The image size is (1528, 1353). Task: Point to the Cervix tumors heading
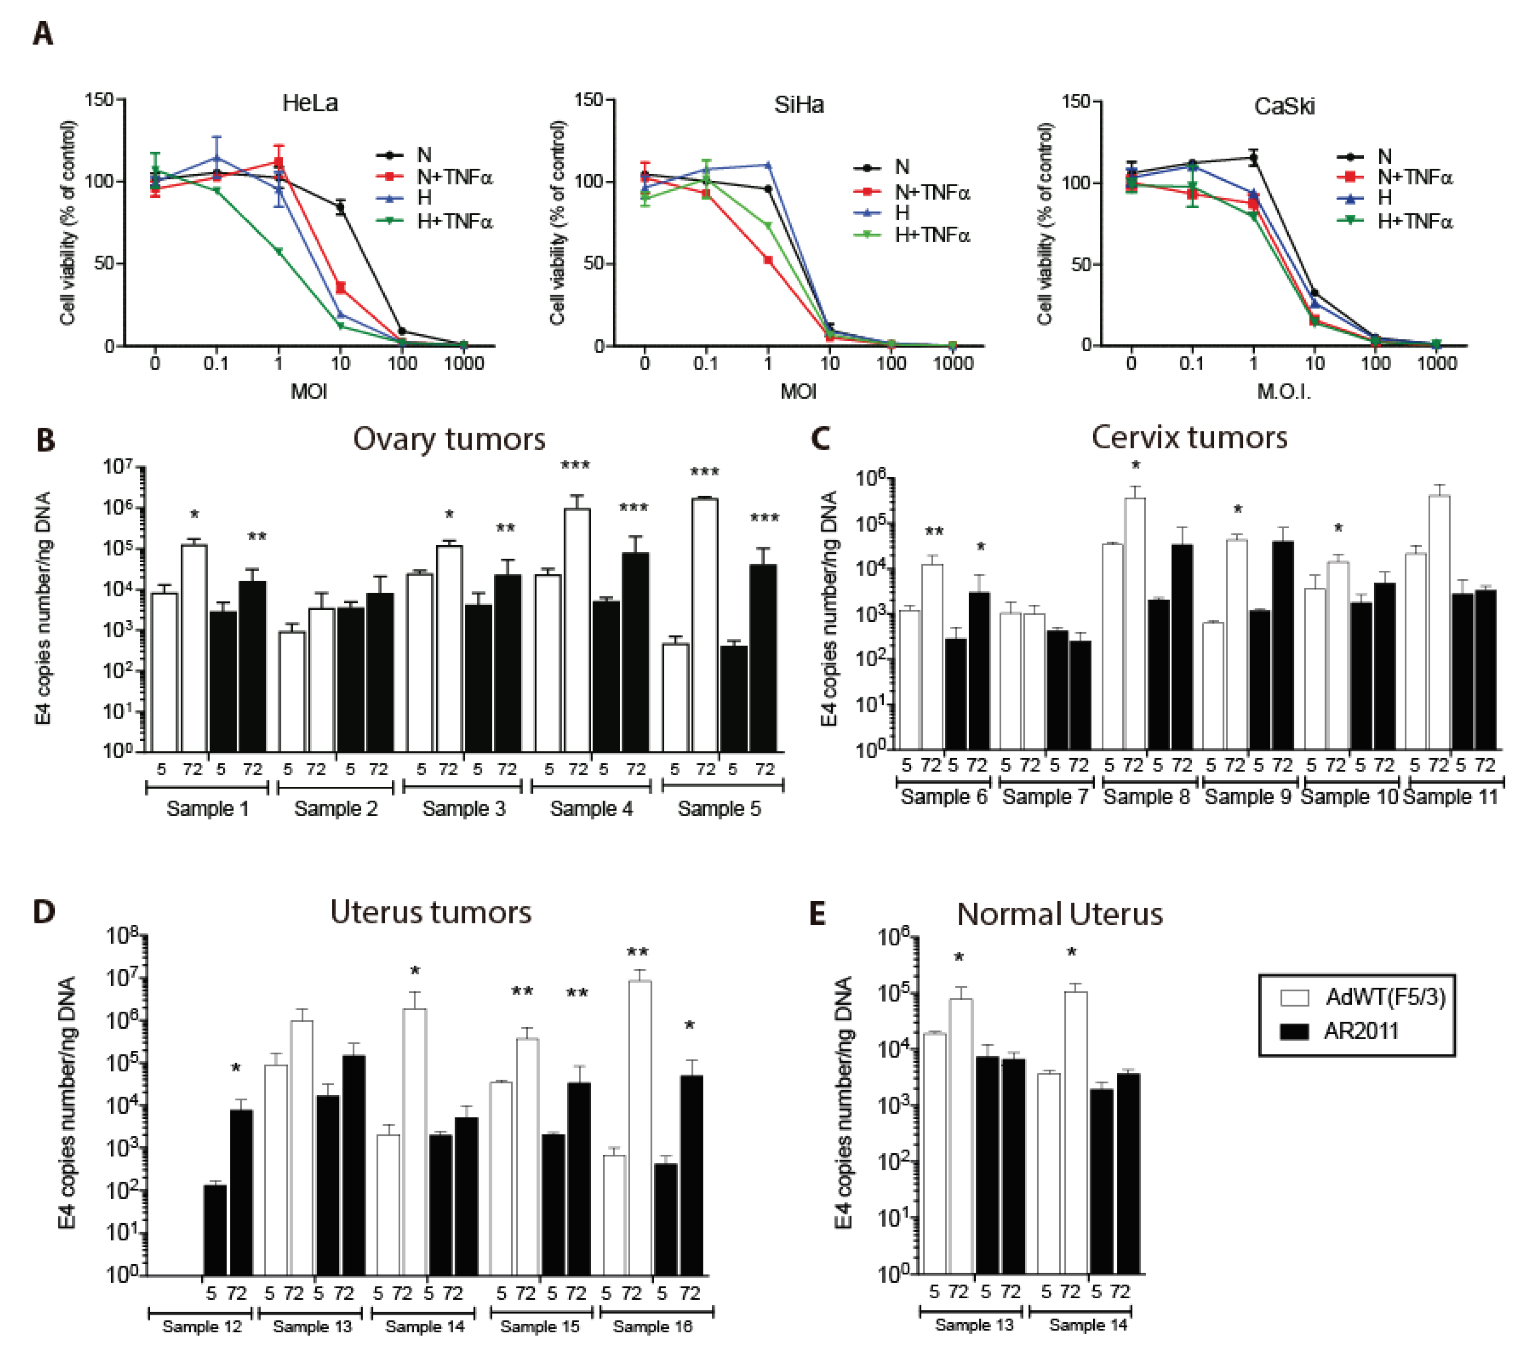tap(1189, 437)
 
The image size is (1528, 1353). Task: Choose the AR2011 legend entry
tap(1360, 1031)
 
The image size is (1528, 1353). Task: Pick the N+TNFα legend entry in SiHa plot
tap(931, 193)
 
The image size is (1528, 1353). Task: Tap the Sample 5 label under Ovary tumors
tap(719, 809)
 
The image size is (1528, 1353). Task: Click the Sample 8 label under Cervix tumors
tap(1146, 797)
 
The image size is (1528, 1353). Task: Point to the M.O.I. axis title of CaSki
tap(1283, 392)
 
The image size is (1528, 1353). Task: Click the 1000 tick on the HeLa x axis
tap(464, 364)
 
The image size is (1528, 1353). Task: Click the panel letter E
tap(818, 913)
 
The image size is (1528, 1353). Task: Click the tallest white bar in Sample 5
tap(705, 624)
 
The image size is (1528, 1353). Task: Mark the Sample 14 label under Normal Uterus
tap(1088, 1325)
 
